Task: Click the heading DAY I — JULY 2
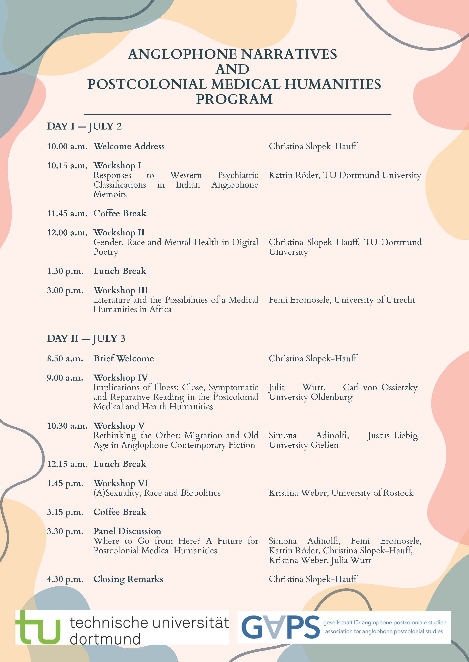pyautogui.click(x=84, y=126)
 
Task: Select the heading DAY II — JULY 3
pyautogui.click(x=86, y=338)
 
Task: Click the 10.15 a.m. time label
pyautogui.click(x=67, y=166)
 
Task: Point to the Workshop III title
pyautogui.click(x=120, y=290)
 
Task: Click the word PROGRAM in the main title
pyautogui.click(x=234, y=99)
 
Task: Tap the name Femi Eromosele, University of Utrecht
pyautogui.click(x=342, y=300)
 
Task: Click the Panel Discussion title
pyautogui.click(x=127, y=531)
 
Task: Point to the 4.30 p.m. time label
pyautogui.click(x=65, y=579)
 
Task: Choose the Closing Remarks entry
pyautogui.click(x=128, y=579)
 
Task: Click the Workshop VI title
pyautogui.click(x=120, y=483)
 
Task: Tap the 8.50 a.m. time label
pyautogui.click(x=65, y=359)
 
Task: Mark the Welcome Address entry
pyautogui.click(x=129, y=146)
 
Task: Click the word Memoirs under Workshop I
pyautogui.click(x=110, y=194)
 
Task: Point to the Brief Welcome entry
pyautogui.click(x=124, y=359)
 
